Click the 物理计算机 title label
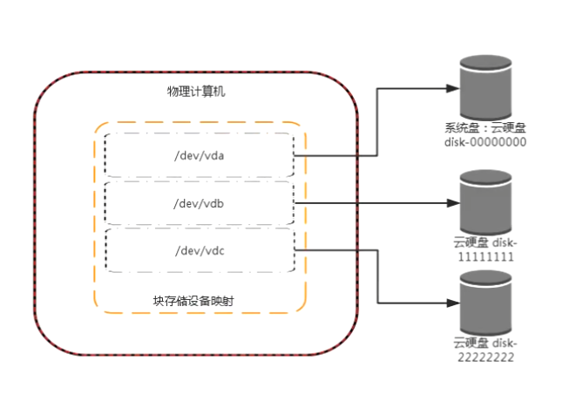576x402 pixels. click(197, 92)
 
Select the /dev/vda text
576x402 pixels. click(200, 156)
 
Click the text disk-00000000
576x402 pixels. click(485, 141)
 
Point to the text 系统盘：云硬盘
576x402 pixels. click(485, 127)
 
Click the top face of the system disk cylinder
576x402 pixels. click(485, 65)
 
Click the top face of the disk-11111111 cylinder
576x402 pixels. click(485, 181)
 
